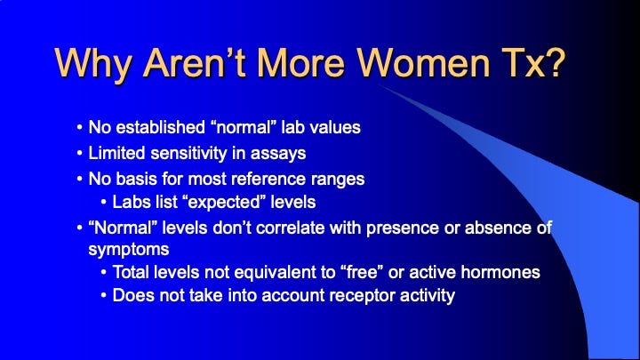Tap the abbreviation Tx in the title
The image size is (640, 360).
click(x=523, y=63)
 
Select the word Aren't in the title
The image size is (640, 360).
click(x=194, y=63)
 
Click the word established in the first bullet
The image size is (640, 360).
click(x=160, y=127)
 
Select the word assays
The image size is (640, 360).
click(x=278, y=155)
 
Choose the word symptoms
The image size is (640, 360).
click(x=129, y=250)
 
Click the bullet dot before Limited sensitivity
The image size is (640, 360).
click(x=80, y=154)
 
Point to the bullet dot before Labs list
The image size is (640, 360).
click(x=104, y=203)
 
